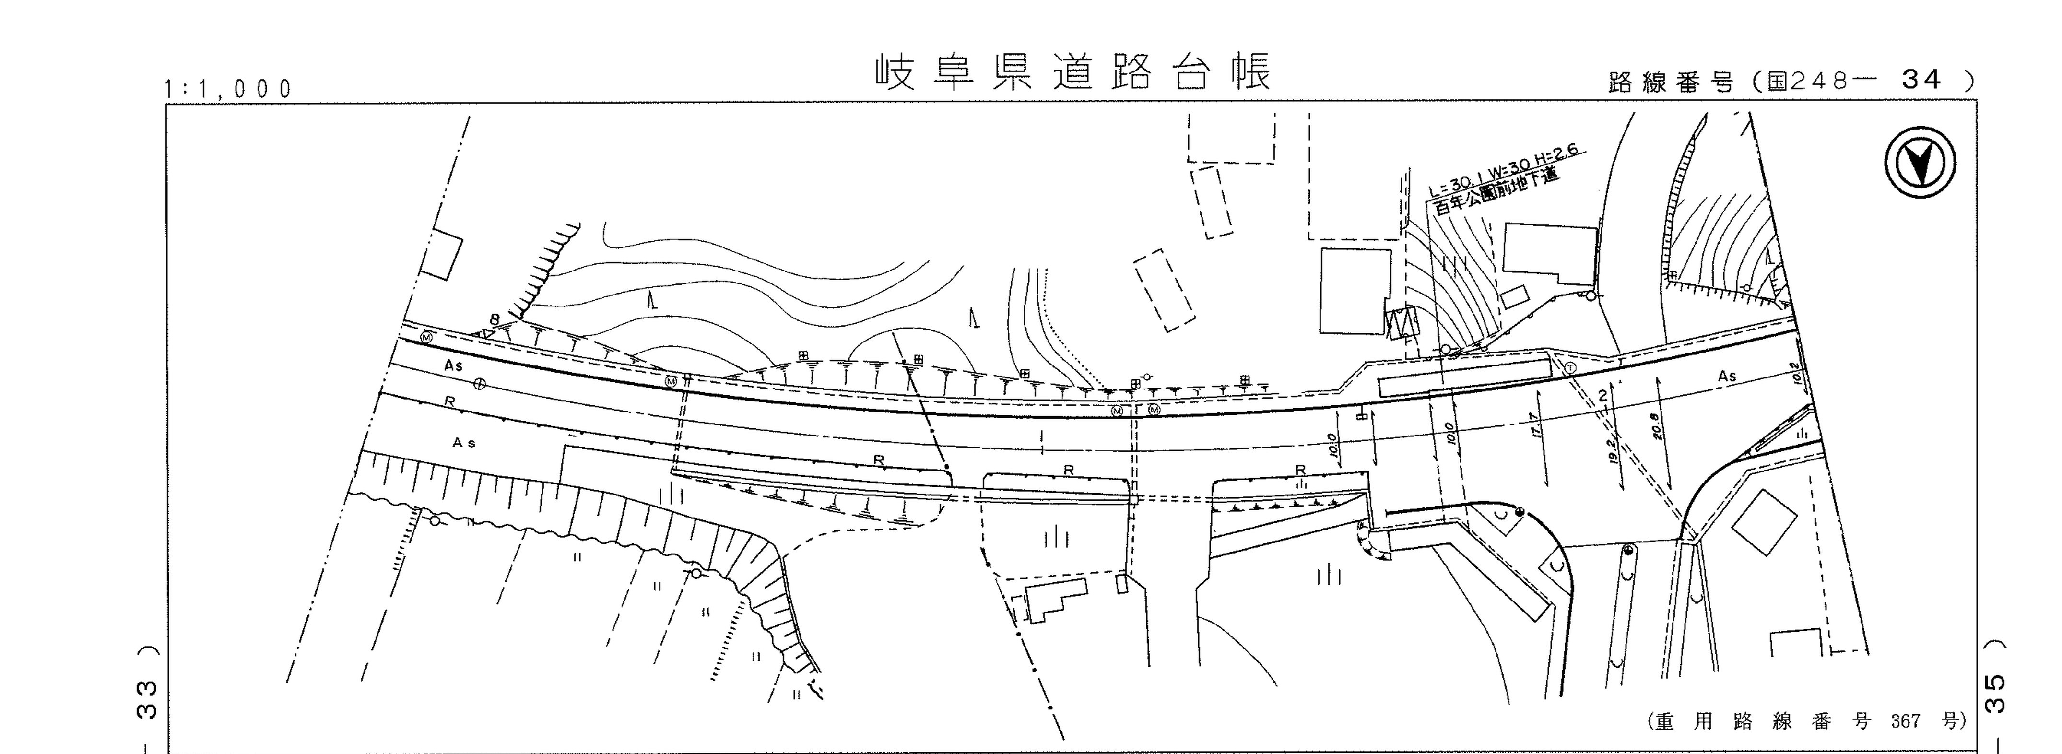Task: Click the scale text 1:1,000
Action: (229, 89)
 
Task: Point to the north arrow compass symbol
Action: (1920, 163)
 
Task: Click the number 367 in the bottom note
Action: (1905, 721)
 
